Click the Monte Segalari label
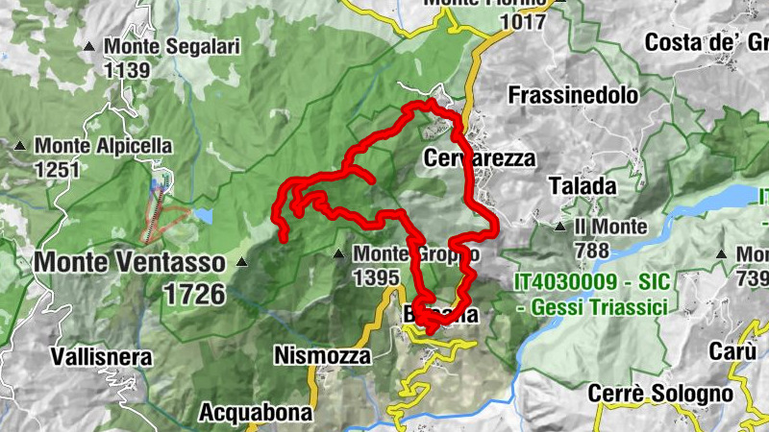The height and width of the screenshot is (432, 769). click(x=172, y=45)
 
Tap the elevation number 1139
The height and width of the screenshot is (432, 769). click(x=128, y=69)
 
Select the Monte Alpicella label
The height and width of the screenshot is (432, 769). click(x=104, y=146)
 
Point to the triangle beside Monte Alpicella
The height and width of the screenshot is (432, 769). click(x=20, y=146)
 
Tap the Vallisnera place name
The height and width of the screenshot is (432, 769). click(x=102, y=357)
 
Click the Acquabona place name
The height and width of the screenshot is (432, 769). click(x=256, y=413)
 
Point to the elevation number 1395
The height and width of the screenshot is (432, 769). click(x=376, y=277)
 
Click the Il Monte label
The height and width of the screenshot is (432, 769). click(x=610, y=228)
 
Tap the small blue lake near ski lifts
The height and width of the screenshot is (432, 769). click(x=202, y=216)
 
